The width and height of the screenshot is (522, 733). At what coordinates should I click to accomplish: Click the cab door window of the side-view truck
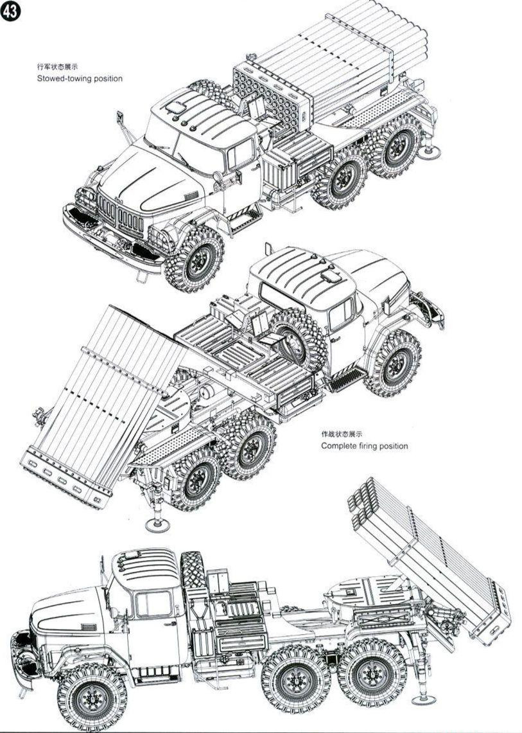[x=153, y=605]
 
